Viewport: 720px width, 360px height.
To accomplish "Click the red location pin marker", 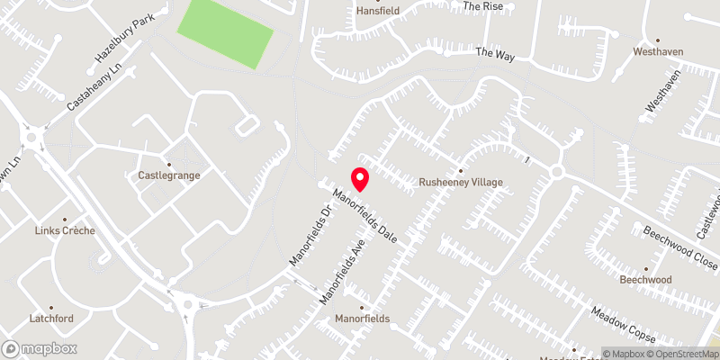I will click(x=359, y=179).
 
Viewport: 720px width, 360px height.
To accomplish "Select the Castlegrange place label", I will click(x=168, y=175).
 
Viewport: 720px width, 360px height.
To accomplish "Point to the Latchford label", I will click(x=50, y=319).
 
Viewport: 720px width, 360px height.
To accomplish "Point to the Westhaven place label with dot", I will click(x=657, y=51).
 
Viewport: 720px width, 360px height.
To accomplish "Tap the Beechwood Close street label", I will click(x=679, y=243).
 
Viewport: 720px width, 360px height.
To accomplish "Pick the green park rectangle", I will click(x=224, y=33).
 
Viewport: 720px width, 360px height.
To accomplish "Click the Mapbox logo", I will click(x=40, y=348).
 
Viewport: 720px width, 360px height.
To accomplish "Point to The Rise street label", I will click(x=481, y=5).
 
